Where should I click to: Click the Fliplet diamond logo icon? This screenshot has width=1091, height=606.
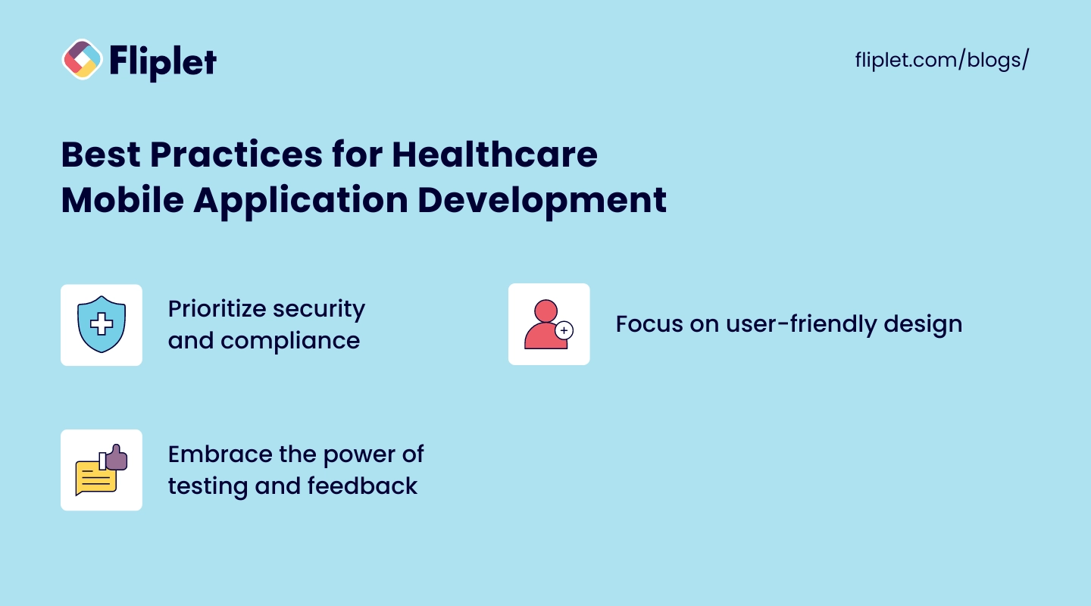(83, 59)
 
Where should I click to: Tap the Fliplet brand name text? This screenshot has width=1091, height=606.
(163, 62)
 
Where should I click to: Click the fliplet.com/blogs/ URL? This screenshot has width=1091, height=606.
(942, 60)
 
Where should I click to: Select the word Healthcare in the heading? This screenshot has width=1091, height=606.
(494, 155)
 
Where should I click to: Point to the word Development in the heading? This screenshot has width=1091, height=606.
(542, 201)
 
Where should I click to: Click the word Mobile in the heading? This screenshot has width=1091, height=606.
(123, 200)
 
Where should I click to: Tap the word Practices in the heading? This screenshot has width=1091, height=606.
(236, 155)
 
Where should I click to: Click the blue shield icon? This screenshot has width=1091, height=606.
(102, 324)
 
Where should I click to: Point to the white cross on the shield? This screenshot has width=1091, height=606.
(102, 324)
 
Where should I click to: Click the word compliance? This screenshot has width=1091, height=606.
(290, 341)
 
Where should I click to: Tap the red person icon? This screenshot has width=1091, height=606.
(546, 324)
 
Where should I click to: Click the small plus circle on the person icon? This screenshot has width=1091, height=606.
(564, 330)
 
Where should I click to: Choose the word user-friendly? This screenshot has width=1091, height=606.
(802, 324)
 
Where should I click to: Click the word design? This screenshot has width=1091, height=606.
(923, 324)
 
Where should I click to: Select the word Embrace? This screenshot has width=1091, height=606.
(220, 454)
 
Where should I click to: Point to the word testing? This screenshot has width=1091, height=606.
(208, 486)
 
